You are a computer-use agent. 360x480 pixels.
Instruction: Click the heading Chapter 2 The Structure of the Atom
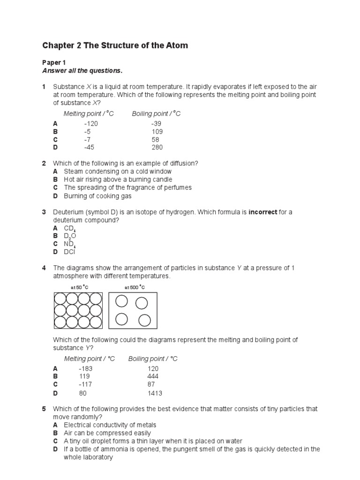(115, 45)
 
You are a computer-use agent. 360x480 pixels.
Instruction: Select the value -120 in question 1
(91, 123)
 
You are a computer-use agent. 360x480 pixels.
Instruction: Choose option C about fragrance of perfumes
(127, 187)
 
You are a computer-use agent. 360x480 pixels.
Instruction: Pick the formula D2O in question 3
(70, 236)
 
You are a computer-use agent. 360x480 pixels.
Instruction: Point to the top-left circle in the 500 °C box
(121, 300)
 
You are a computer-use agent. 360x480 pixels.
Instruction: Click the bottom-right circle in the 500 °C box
(144, 320)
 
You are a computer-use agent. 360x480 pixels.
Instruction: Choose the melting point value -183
(85, 368)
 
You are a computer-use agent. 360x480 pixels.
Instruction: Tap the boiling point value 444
(153, 376)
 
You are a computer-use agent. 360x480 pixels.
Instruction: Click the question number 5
(44, 409)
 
